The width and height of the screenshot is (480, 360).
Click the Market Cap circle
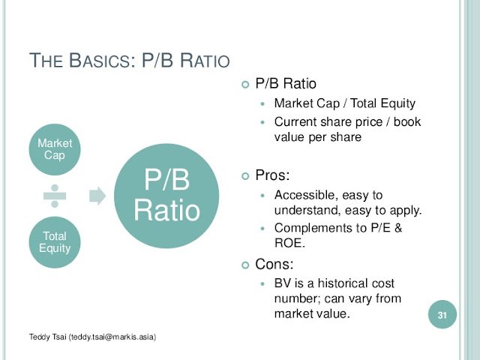(55, 149)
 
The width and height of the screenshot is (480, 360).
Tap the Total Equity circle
(55, 242)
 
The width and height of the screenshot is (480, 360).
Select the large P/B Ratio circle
(166, 196)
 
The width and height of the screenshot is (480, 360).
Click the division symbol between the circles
(55, 196)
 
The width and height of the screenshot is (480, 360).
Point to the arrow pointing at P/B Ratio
(97, 196)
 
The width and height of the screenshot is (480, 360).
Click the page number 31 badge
(442, 315)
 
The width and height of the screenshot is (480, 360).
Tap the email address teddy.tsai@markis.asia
(112, 337)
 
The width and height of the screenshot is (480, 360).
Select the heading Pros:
(272, 175)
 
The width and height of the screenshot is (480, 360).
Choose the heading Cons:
(274, 264)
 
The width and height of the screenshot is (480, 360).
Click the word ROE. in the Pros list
(289, 243)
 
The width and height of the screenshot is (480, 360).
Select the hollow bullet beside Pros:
(245, 176)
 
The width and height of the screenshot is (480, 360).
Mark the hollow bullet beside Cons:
(245, 265)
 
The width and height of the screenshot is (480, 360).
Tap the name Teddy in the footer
(39, 337)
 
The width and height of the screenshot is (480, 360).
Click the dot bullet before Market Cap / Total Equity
(262, 104)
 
